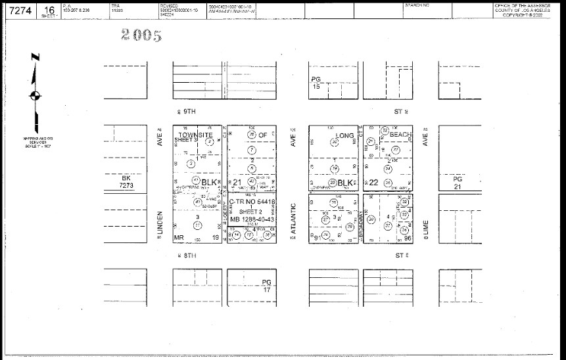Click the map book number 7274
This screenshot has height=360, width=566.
(18, 11)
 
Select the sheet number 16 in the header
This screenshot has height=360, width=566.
(47, 9)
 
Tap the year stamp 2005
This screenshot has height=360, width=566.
(141, 36)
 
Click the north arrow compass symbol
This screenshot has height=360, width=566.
(35, 96)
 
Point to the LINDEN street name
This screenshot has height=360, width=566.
(160, 225)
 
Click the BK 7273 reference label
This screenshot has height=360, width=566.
(127, 181)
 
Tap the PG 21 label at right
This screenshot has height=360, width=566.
(458, 182)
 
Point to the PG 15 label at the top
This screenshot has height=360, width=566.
(316, 83)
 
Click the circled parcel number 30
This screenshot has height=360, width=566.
(371, 219)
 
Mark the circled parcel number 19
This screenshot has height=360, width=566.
(334, 168)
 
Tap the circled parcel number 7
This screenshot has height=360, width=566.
(251, 150)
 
